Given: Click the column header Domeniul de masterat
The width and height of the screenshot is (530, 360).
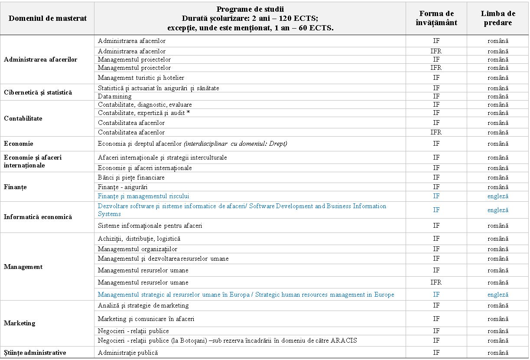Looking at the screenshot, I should (48, 18).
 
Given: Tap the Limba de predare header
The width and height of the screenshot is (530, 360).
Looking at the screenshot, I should (498, 18).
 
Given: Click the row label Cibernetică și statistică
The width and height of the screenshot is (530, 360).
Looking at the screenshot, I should (38, 92).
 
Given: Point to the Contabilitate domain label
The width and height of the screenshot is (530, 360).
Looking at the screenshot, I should (23, 118).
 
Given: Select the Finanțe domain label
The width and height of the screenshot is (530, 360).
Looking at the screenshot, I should (15, 187).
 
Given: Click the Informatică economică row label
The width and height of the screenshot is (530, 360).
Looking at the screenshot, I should (38, 217).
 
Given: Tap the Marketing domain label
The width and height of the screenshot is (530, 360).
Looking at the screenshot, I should (20, 323).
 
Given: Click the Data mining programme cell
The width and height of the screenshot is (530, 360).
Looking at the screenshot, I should (115, 96).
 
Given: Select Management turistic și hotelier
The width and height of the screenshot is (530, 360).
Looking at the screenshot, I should (141, 78).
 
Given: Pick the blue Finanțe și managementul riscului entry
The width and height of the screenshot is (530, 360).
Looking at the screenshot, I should (143, 196).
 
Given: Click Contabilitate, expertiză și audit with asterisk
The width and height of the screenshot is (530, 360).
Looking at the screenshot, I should (144, 113).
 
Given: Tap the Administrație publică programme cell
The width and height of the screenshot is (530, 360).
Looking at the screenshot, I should (128, 353).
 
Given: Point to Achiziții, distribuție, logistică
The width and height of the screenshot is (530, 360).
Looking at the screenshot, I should (139, 239).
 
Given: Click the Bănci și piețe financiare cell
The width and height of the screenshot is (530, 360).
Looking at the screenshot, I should (131, 177).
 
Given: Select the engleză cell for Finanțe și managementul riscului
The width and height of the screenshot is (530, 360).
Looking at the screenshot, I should (498, 196).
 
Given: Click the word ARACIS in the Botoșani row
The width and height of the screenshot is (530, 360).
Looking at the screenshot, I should (344, 340).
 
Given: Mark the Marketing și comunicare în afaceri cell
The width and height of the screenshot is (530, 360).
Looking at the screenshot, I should (146, 319).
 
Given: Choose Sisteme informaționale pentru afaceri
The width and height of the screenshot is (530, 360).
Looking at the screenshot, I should (150, 226).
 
